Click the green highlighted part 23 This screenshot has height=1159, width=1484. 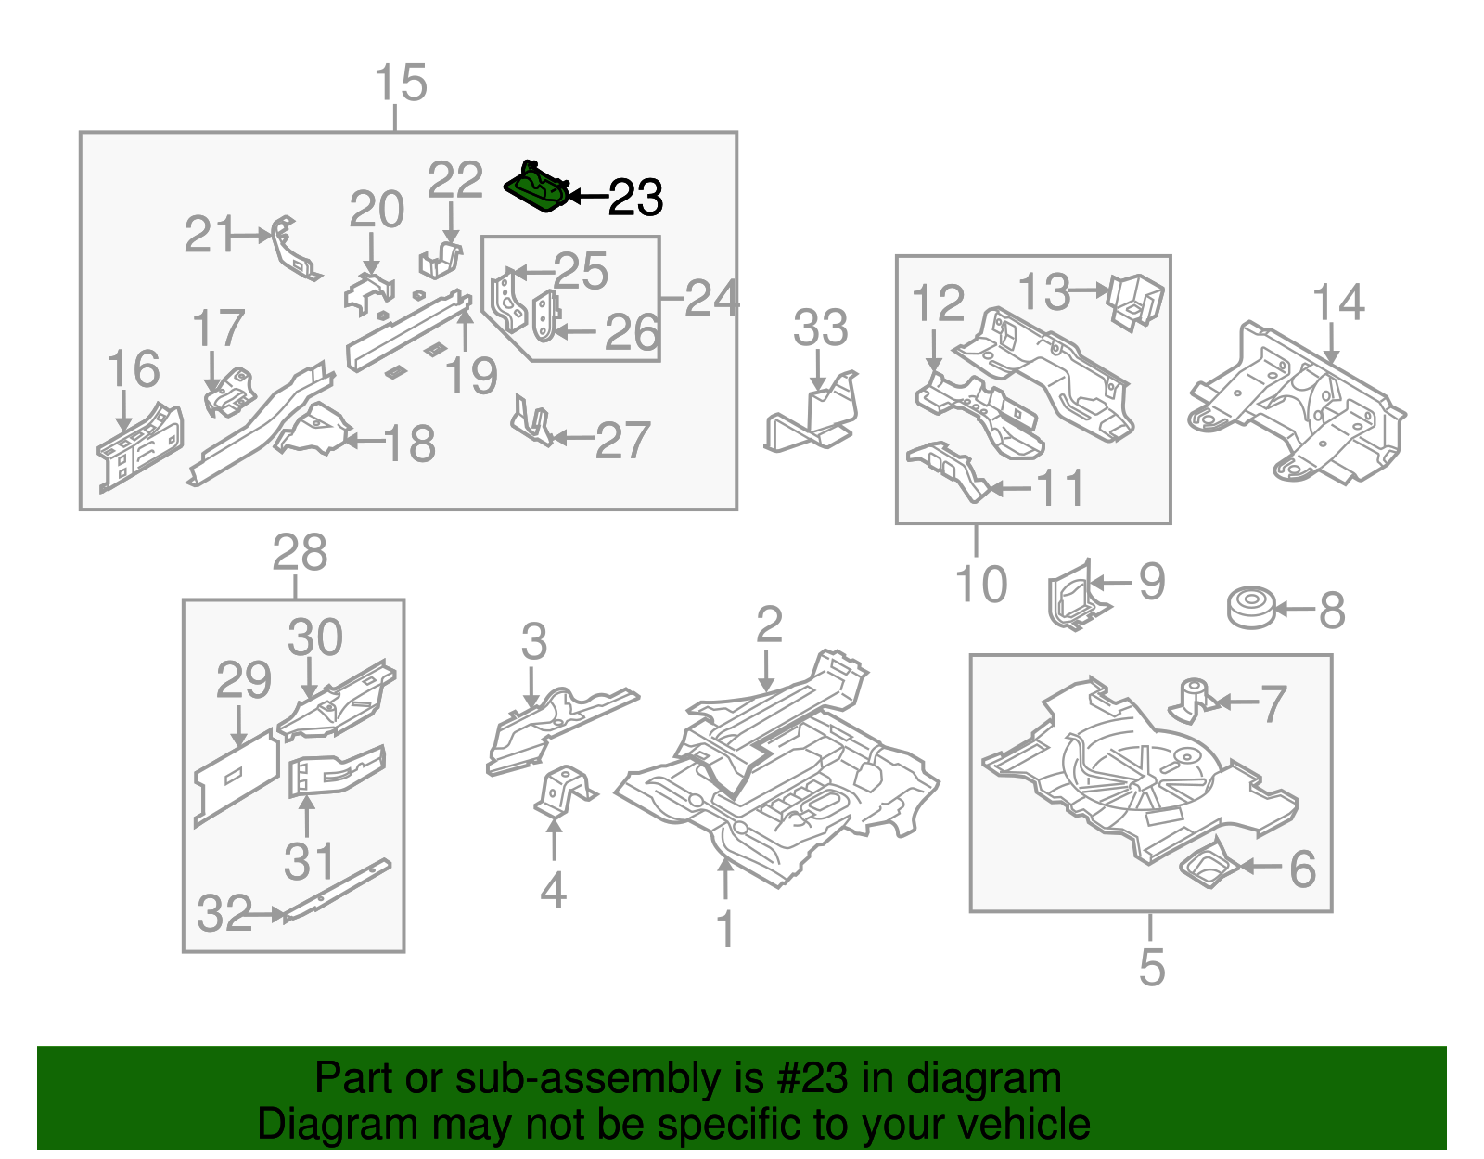tap(536, 187)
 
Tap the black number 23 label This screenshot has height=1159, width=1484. tap(635, 198)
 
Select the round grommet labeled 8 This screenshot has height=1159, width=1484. tap(1250, 609)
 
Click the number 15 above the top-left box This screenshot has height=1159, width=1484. tap(401, 84)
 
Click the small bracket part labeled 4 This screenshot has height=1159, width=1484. tap(563, 792)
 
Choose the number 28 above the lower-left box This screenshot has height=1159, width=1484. tap(300, 553)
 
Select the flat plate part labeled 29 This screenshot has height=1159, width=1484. tap(236, 779)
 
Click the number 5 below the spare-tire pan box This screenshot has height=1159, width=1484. tap(1151, 967)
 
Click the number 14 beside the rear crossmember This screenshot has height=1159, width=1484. tap(1338, 303)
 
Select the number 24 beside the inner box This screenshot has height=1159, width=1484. tap(712, 299)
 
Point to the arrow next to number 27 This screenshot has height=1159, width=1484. tap(571, 438)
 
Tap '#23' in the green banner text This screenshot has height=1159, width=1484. tap(807, 1079)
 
